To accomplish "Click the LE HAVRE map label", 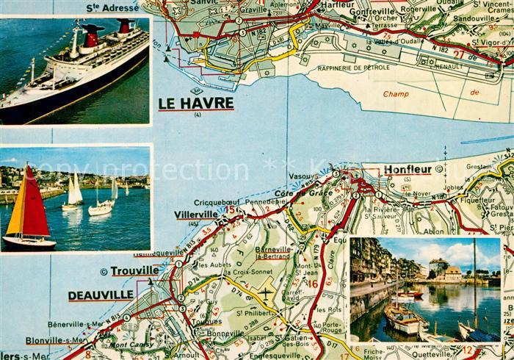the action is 196,104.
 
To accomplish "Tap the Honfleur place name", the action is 407,170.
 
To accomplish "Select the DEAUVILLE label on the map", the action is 102,295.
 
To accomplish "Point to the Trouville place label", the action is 134,270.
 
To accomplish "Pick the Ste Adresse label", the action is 112,7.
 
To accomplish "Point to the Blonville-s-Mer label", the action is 54,339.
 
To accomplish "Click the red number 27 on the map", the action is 460,54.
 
